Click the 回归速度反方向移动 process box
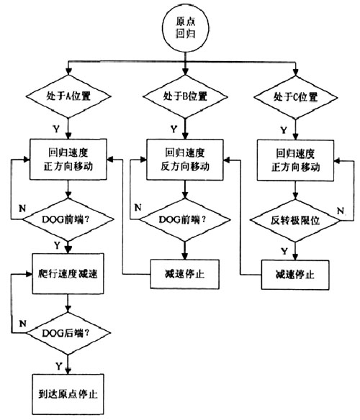coord(185,160)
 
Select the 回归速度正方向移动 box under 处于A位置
coord(66,160)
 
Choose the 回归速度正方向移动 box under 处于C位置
coord(296,160)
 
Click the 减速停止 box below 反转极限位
coord(296,274)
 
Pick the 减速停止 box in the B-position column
coord(185,274)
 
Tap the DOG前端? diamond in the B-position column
coord(185,218)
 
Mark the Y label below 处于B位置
coord(173,128)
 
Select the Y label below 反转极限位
coord(284,248)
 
